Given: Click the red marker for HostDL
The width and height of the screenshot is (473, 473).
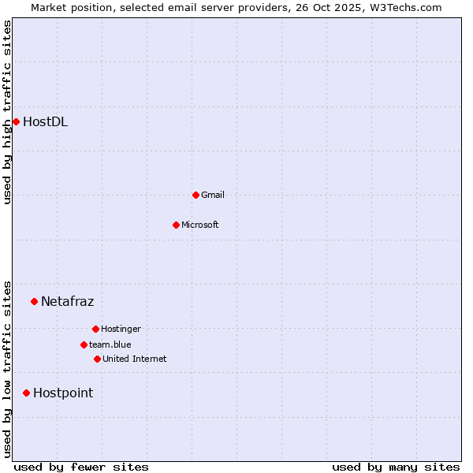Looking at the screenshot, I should [16, 121].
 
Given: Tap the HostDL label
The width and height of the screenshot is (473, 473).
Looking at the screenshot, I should [45, 121].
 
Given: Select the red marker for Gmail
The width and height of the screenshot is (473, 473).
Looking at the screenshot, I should [196, 195].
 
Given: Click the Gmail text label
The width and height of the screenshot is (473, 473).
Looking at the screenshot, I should [212, 195].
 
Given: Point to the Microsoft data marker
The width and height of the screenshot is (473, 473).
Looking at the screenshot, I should [176, 225].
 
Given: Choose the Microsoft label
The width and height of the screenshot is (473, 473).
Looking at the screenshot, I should [199, 225].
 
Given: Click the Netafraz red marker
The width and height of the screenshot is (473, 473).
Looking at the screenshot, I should [34, 301].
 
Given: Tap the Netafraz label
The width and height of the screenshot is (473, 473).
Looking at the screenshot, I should [67, 301].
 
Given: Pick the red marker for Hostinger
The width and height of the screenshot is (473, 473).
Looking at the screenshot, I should [95, 329].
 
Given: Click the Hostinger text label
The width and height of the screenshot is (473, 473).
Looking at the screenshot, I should [121, 329].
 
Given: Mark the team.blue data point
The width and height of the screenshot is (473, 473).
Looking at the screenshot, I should [84, 345].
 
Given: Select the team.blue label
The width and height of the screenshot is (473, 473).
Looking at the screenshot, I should [110, 345].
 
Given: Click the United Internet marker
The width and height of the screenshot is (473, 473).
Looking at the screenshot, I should [97, 359].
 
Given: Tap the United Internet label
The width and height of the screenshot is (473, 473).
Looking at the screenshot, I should [134, 359].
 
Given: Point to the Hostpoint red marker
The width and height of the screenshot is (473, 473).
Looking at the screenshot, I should [26, 393].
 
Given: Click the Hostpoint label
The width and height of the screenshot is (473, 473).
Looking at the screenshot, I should [62, 393].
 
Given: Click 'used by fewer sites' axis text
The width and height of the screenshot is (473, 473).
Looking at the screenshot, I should [81, 467].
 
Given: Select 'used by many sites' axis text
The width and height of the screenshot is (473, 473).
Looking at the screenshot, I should [396, 467].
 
